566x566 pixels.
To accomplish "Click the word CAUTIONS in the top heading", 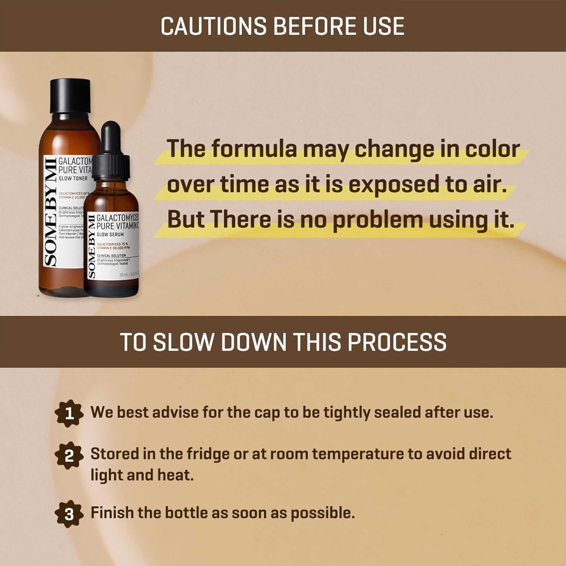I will (x=214, y=26).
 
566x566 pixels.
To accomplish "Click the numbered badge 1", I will (x=69, y=414).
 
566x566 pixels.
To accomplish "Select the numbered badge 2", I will (x=69, y=456).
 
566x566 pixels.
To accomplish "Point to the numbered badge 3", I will (x=69, y=514).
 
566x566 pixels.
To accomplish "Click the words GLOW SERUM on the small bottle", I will (x=110, y=234).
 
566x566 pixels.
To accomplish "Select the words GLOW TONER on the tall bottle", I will (x=73, y=178).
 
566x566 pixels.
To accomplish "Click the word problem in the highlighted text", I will (x=378, y=220).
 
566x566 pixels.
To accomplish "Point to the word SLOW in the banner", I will (x=185, y=342).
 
